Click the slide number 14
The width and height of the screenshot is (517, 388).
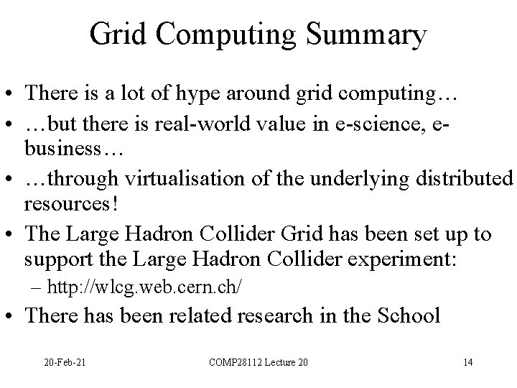467,361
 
